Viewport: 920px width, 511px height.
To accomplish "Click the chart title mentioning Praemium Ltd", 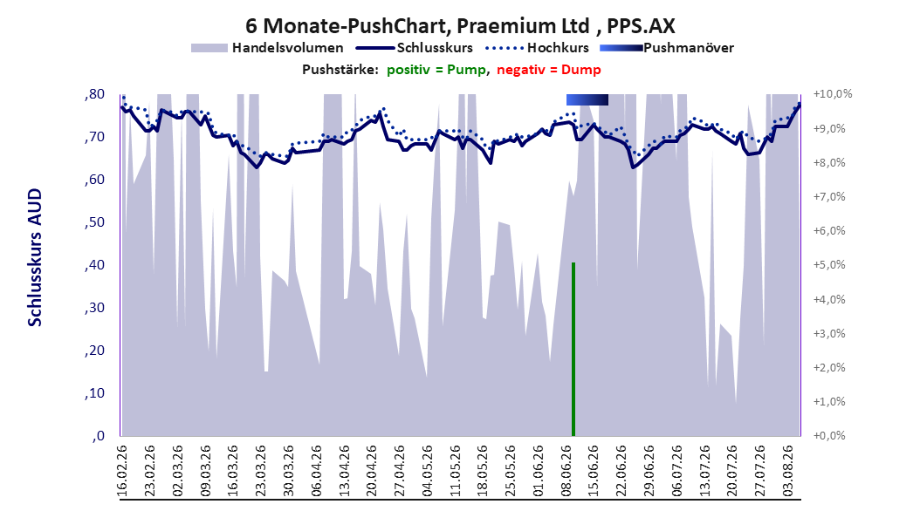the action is tap(460, 26).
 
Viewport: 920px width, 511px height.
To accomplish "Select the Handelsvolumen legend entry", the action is tap(267, 48).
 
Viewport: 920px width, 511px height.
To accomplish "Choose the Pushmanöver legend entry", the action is tap(667, 48).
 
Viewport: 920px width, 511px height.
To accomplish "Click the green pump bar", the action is tap(573, 350).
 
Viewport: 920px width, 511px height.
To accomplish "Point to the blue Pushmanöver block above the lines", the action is tap(587, 99).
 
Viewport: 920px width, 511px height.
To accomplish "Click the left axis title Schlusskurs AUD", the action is tap(35, 257).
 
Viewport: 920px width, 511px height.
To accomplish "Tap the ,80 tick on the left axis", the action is tap(94, 94).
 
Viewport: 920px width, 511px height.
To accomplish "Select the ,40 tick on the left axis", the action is tap(94, 265).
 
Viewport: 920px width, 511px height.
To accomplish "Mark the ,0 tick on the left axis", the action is tap(98, 436).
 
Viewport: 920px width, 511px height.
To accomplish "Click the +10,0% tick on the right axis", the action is tap(833, 94).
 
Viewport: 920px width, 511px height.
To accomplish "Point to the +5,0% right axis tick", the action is tap(829, 265).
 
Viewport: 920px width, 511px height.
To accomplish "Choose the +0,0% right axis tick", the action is tap(829, 436).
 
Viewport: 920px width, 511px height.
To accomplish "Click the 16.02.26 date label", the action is tap(122, 471).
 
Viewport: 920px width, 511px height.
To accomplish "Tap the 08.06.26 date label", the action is tap(566, 471).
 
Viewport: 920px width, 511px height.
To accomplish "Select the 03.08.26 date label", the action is tap(788, 471).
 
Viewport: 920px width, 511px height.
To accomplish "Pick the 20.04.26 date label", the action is tap(372, 471).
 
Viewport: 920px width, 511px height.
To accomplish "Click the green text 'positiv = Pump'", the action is tap(436, 70).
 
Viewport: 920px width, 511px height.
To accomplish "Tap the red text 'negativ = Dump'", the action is tap(549, 70).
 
